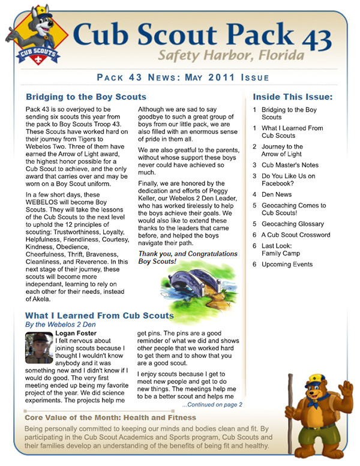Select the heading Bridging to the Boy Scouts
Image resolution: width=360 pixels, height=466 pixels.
point(86,97)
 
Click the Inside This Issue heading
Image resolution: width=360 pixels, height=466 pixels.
point(292,97)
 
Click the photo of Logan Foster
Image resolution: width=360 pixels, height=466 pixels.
point(39,348)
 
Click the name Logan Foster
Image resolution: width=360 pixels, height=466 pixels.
point(75,333)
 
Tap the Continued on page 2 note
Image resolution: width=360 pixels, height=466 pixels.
point(211,404)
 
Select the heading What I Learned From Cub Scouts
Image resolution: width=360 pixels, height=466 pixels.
point(99,315)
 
